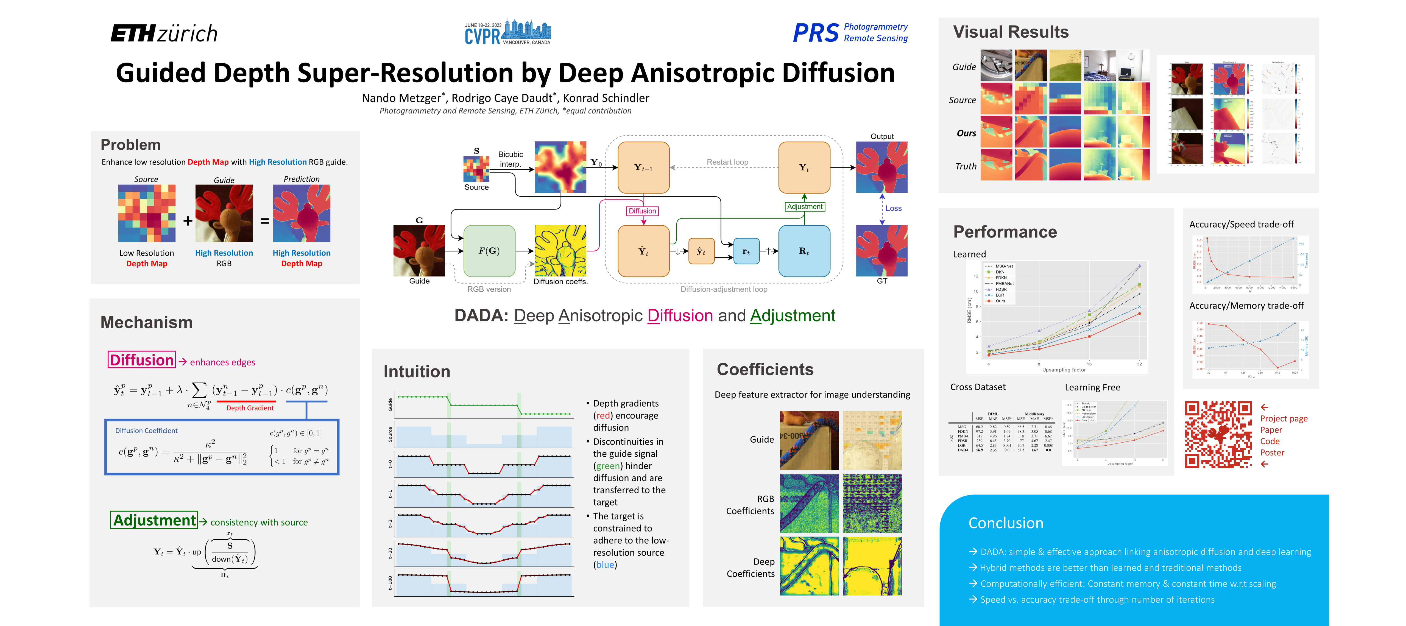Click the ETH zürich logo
click(164, 34)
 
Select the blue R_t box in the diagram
click(804, 251)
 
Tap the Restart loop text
click(727, 162)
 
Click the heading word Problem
click(130, 145)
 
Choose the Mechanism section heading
click(146, 323)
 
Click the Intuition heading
click(417, 372)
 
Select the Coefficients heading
click(765, 370)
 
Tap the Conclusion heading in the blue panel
click(1005, 523)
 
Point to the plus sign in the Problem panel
click(188, 221)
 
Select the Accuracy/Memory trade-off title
click(1246, 306)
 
